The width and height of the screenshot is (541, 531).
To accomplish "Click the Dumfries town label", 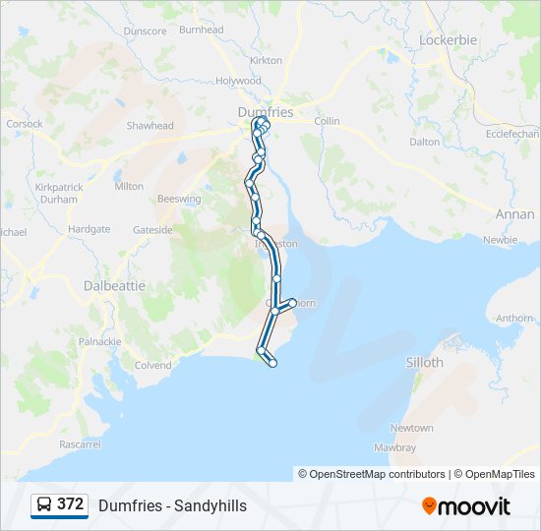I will pyautogui.click(x=266, y=112).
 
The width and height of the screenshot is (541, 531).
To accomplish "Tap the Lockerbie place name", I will pyautogui.click(x=448, y=40).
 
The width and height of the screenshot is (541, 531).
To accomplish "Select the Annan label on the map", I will pyautogui.click(x=514, y=213).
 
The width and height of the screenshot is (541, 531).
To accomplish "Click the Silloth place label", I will pyautogui.click(x=425, y=362).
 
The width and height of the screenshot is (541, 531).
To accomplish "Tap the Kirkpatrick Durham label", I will pyautogui.click(x=56, y=193).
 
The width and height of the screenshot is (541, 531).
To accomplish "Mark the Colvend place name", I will pyautogui.click(x=152, y=365).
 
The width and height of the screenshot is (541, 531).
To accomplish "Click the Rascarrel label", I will pyautogui.click(x=80, y=444).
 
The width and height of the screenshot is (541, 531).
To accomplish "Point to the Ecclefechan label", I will pyautogui.click(x=511, y=134).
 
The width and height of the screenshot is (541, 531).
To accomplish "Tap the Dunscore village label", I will pyautogui.click(x=145, y=30).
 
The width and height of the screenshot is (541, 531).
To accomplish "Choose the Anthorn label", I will pyautogui.click(x=514, y=318).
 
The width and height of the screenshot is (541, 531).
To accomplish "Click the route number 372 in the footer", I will pyautogui.click(x=70, y=504).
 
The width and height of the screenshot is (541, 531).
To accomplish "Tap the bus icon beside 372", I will pyautogui.click(x=44, y=505).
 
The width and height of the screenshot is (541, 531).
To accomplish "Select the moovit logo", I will pyautogui.click(x=466, y=505).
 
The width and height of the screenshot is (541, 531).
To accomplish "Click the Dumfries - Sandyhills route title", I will pyautogui.click(x=172, y=505).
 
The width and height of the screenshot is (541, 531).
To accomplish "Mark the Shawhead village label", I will pyautogui.click(x=150, y=126).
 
